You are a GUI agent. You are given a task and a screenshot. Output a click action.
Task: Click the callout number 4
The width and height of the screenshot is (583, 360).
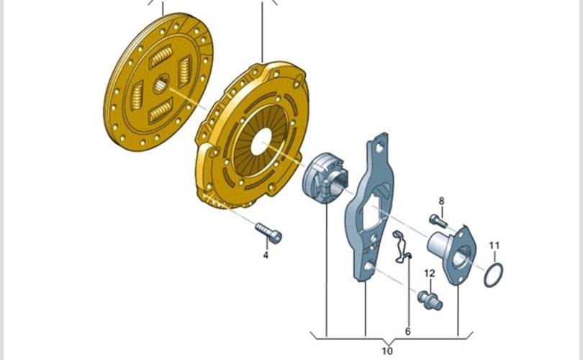(x=266, y=255)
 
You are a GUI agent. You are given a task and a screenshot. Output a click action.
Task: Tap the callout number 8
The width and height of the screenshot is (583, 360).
(x=441, y=201)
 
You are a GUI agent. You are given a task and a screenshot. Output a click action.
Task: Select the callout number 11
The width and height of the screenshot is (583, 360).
(x=494, y=246)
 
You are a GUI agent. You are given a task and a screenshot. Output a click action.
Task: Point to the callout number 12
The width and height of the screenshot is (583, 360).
(x=430, y=274)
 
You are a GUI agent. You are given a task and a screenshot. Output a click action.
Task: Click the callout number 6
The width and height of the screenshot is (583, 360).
(x=407, y=331)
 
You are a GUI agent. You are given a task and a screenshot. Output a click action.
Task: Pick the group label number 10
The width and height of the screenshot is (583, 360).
(x=387, y=351)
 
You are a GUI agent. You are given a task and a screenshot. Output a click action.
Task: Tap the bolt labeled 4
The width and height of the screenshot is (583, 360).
(x=268, y=233)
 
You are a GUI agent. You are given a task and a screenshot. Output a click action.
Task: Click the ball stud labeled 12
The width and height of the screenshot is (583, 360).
(x=430, y=300)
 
